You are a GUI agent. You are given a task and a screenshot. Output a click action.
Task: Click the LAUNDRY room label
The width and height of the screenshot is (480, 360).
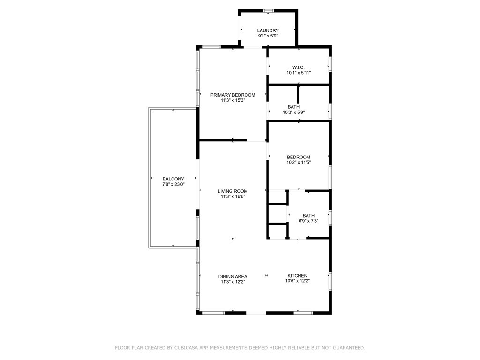point(268,30)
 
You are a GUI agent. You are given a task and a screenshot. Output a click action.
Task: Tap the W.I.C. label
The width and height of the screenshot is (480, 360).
point(299,67)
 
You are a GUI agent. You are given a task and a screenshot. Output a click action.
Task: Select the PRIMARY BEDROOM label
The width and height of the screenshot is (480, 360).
point(232,95)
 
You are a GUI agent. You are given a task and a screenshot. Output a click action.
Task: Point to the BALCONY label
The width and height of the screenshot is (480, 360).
point(173,179)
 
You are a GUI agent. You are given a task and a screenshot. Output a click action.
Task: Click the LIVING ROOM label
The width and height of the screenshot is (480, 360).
point(232,191)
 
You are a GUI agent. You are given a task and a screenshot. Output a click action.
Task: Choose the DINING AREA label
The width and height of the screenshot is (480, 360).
point(232,276)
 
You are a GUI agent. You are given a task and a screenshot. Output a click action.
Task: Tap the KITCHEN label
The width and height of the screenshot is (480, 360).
point(298,276)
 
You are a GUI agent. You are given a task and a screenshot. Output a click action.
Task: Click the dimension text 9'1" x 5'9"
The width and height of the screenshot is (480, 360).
point(268,36)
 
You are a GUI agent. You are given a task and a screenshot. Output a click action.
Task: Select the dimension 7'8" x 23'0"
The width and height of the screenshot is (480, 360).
point(173,184)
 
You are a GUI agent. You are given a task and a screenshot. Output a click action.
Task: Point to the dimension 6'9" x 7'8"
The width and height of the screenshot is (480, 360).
point(308,221)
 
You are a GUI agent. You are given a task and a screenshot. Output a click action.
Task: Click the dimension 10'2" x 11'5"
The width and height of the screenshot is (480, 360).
point(299,163)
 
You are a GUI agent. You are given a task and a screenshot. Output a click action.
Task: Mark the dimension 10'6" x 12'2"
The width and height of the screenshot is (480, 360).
point(298,281)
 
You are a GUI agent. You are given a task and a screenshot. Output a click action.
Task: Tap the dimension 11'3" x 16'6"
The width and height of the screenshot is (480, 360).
point(233,196)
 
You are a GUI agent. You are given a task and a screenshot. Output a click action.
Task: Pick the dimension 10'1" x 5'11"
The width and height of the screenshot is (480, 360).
point(299,73)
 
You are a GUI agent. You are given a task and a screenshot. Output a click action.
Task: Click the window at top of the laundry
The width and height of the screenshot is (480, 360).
point(269,11)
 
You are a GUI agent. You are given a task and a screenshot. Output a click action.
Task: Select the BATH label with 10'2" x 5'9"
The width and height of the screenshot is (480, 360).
point(293,107)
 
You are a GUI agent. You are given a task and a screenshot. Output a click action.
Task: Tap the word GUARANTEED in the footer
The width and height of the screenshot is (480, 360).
point(349,348)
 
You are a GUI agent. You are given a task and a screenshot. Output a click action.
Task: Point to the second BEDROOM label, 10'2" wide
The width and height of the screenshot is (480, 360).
point(299,157)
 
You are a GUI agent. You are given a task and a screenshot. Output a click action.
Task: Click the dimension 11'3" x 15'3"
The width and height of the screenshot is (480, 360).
point(233,100)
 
